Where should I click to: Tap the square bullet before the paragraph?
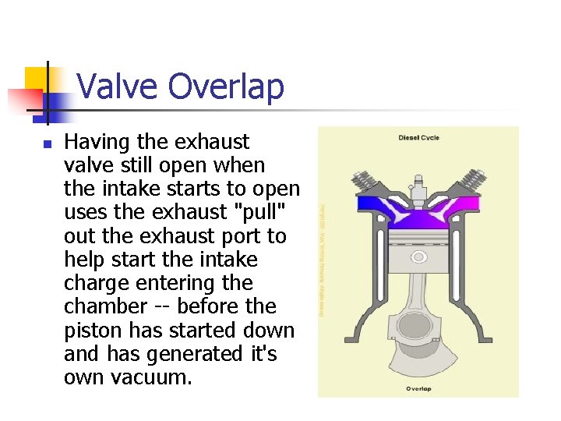tap(47, 144)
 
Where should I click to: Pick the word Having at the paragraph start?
tap(97, 142)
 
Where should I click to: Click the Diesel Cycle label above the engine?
tap(418, 138)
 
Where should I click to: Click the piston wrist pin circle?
tap(418, 256)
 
